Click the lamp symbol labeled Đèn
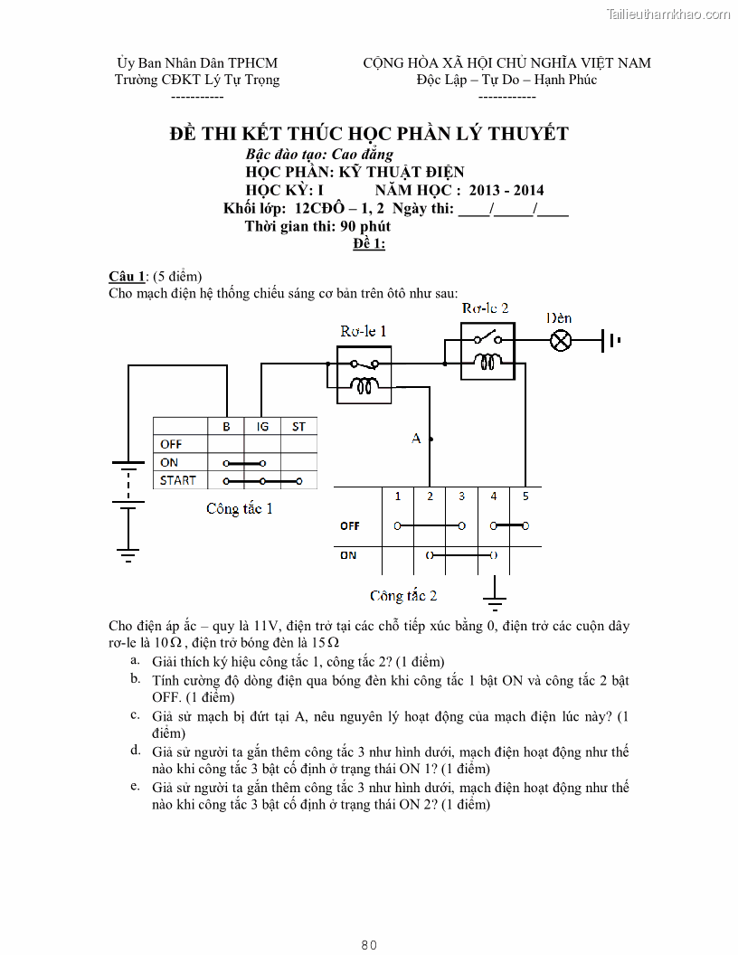[x=562, y=341]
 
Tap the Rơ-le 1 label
[x=363, y=331]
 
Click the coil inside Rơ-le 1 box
[x=364, y=387]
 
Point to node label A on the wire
[x=416, y=439]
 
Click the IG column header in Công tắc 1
[x=262, y=426]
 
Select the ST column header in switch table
[x=298, y=426]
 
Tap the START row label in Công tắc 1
[x=177, y=480]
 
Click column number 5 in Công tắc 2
[x=525, y=496]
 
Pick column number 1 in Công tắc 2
[x=398, y=496]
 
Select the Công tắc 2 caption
[x=403, y=596]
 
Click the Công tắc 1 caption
[x=239, y=508]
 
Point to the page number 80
[x=369, y=945]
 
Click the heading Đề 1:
[x=369, y=244]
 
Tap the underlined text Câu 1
[x=126, y=276]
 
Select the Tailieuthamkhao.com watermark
[x=667, y=14]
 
